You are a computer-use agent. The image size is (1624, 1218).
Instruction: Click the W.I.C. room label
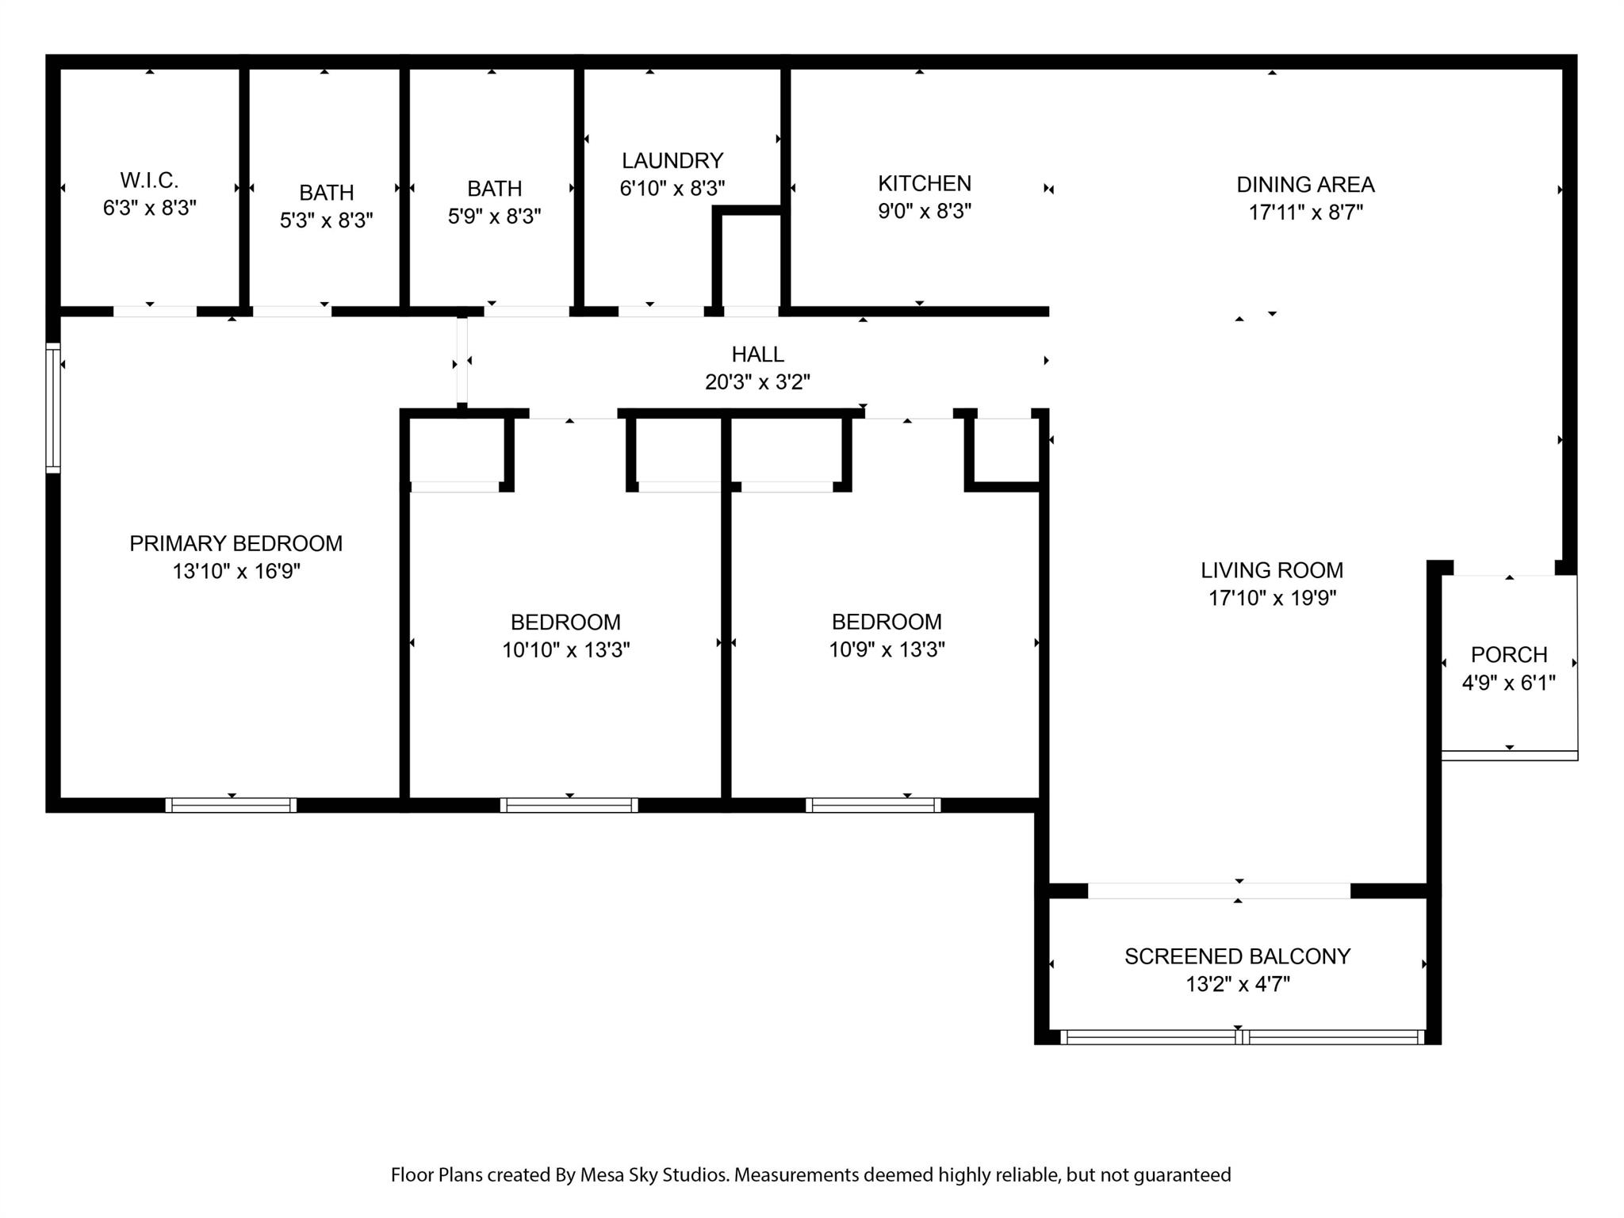[149, 180]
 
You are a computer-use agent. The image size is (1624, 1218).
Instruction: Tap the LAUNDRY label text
[672, 161]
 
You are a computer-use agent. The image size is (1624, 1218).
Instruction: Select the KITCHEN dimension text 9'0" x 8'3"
[925, 212]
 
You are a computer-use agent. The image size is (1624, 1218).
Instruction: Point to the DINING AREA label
[1305, 185]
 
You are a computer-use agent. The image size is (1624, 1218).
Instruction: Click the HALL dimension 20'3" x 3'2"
[757, 382]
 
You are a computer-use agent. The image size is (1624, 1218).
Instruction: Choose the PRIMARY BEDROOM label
[236, 543]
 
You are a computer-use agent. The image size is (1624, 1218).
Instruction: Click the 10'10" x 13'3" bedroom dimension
[565, 650]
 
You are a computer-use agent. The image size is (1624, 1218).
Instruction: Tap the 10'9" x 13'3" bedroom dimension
[887, 650]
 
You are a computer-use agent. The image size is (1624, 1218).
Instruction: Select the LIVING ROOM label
[1272, 570]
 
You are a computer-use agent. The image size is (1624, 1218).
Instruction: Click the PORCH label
[1509, 655]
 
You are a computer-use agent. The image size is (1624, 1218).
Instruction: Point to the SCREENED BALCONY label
[1237, 956]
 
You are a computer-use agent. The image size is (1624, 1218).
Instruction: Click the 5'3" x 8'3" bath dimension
[326, 220]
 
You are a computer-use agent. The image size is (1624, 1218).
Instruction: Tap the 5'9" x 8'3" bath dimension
[494, 216]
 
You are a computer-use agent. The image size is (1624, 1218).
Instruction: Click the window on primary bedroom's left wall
[53, 408]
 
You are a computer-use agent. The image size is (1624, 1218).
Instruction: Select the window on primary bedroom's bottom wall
[231, 805]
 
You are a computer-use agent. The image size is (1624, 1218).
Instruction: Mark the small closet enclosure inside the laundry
[750, 262]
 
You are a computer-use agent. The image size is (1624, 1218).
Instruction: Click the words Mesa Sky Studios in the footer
[654, 1174]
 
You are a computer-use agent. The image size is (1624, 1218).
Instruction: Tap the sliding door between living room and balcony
[1219, 891]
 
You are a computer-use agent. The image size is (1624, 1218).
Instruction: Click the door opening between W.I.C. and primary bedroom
[155, 312]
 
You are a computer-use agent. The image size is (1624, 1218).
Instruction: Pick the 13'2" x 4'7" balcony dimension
[1237, 984]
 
